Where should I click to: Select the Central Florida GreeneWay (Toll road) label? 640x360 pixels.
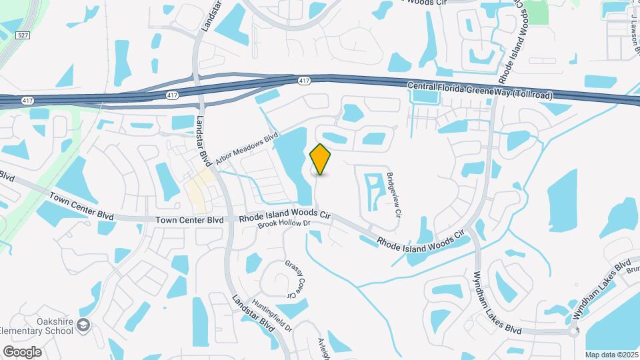click(x=480, y=91)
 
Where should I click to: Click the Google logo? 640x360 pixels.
click(x=22, y=351)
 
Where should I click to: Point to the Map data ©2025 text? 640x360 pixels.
click(x=611, y=355)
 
